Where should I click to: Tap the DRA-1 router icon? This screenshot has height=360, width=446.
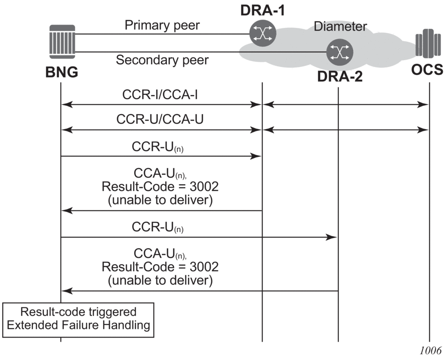point(262,34)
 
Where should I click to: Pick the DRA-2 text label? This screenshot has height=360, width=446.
point(340,75)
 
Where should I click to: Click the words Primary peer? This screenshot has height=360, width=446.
point(162,25)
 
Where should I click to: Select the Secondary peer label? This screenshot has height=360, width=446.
point(162,60)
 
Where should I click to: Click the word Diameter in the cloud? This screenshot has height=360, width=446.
point(340,26)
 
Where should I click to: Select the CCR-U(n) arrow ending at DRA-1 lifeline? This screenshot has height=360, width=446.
point(160,157)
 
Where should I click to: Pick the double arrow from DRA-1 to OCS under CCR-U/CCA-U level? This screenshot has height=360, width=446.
point(346,130)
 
